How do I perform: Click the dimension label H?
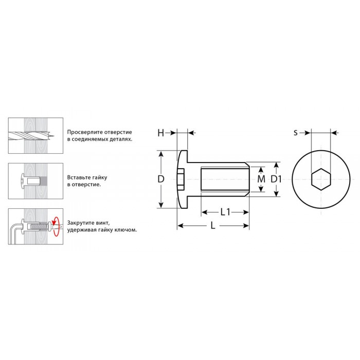(160, 133)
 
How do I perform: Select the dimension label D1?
(276, 179)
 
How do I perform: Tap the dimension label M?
(261, 179)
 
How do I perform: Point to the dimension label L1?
(225, 212)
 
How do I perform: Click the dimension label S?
(296, 133)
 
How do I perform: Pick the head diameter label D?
(161, 179)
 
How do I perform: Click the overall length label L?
(213, 226)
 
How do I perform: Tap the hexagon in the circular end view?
(321, 179)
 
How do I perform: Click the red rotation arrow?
(56, 226)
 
